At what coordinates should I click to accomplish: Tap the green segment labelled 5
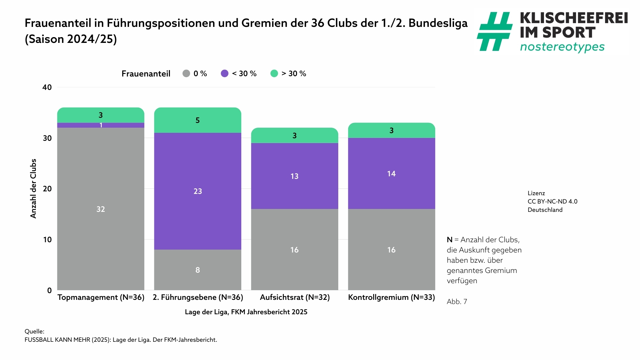point(197,120)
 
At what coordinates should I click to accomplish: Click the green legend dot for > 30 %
point(274,74)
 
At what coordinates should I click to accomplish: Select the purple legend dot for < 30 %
point(225,74)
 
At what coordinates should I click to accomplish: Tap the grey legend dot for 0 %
point(186,74)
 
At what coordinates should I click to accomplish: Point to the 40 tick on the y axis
point(47,87)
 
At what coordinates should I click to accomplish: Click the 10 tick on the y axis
point(47,240)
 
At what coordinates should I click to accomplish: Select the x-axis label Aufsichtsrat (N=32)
point(295,297)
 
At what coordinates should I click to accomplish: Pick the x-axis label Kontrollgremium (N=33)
point(391,297)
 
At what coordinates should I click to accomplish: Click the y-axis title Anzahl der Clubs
point(33,188)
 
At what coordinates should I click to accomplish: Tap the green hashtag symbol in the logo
point(494,31)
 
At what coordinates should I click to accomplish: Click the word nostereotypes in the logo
point(562,47)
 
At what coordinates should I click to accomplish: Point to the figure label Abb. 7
point(457,301)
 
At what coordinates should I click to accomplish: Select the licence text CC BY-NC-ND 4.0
point(552,202)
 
